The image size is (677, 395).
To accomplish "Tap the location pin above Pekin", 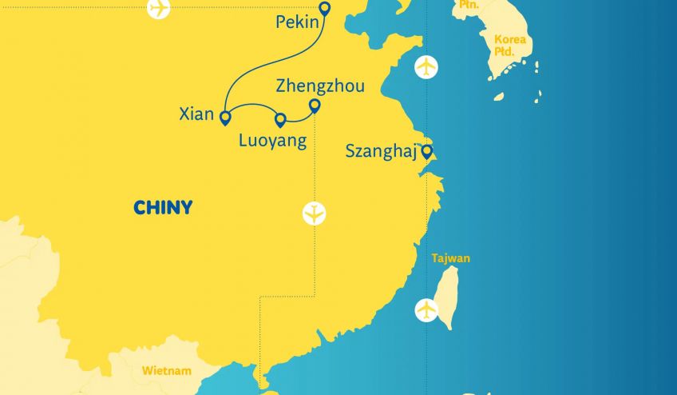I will coord(323,9).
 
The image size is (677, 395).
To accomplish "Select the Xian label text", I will coord(197,114).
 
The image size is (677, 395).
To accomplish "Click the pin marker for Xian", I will coord(225,118).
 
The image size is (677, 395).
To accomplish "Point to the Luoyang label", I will coord(272,142).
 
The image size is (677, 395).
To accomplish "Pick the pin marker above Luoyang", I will coord(280,120).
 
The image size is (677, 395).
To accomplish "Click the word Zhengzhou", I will coord(319,86).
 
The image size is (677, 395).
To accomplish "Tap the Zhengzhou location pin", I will coord(315,106).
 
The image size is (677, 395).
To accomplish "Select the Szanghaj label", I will coord(381,150).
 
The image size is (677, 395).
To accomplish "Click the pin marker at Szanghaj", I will coord(427,150).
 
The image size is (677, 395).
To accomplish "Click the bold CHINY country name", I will coord(163,208).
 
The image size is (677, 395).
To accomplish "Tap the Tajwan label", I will coord(450,258).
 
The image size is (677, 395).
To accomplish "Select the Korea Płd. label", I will coord(509,45).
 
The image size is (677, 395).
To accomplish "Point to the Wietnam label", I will coord(166,371).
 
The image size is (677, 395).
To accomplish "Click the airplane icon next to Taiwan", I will coord(427,309).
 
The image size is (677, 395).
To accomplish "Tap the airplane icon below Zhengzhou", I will coord(315,213).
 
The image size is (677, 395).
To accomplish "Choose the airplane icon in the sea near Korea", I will coord(427,67).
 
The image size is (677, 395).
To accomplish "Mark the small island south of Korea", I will coord(498,97).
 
